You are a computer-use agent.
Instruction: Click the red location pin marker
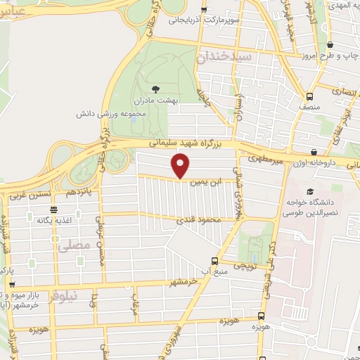181,165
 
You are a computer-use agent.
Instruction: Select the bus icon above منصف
310,96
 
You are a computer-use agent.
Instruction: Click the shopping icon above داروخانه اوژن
314,152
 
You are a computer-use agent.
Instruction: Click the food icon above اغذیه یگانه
53,209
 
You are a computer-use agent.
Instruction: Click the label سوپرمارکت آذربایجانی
204,20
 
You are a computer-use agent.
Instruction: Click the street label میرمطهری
269,160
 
